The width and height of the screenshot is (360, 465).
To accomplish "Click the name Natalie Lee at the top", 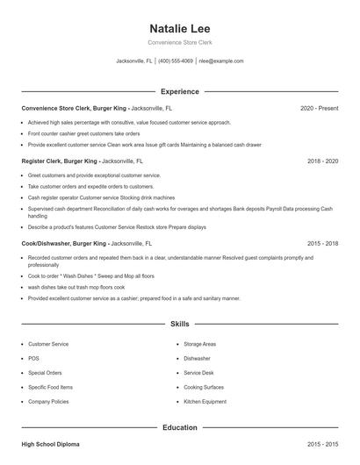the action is (x=179, y=28).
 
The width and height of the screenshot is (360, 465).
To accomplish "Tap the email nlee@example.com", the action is (x=221, y=61).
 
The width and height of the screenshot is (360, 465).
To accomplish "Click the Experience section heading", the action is (x=179, y=91).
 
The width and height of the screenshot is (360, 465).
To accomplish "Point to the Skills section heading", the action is (x=179, y=324).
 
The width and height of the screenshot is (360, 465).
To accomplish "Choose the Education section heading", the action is (x=179, y=427).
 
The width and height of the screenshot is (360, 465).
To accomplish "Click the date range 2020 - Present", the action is (x=319, y=108).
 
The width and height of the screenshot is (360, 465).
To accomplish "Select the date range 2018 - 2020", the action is (x=322, y=161).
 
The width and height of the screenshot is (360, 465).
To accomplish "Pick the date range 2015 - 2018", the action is (x=322, y=243).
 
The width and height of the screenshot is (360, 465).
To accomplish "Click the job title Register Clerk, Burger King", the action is (x=60, y=161).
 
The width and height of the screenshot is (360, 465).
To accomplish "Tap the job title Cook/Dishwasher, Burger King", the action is (x=64, y=243).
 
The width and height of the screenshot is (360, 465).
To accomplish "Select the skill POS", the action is (x=33, y=359).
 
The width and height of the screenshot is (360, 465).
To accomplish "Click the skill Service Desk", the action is (x=198, y=373).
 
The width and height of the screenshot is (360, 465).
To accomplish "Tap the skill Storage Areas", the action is (x=199, y=345).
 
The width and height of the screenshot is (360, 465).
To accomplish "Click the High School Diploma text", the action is (x=50, y=445).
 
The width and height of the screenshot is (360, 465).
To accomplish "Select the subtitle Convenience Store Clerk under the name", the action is (x=179, y=42).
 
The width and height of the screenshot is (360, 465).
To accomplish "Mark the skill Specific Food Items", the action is (x=50, y=387).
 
